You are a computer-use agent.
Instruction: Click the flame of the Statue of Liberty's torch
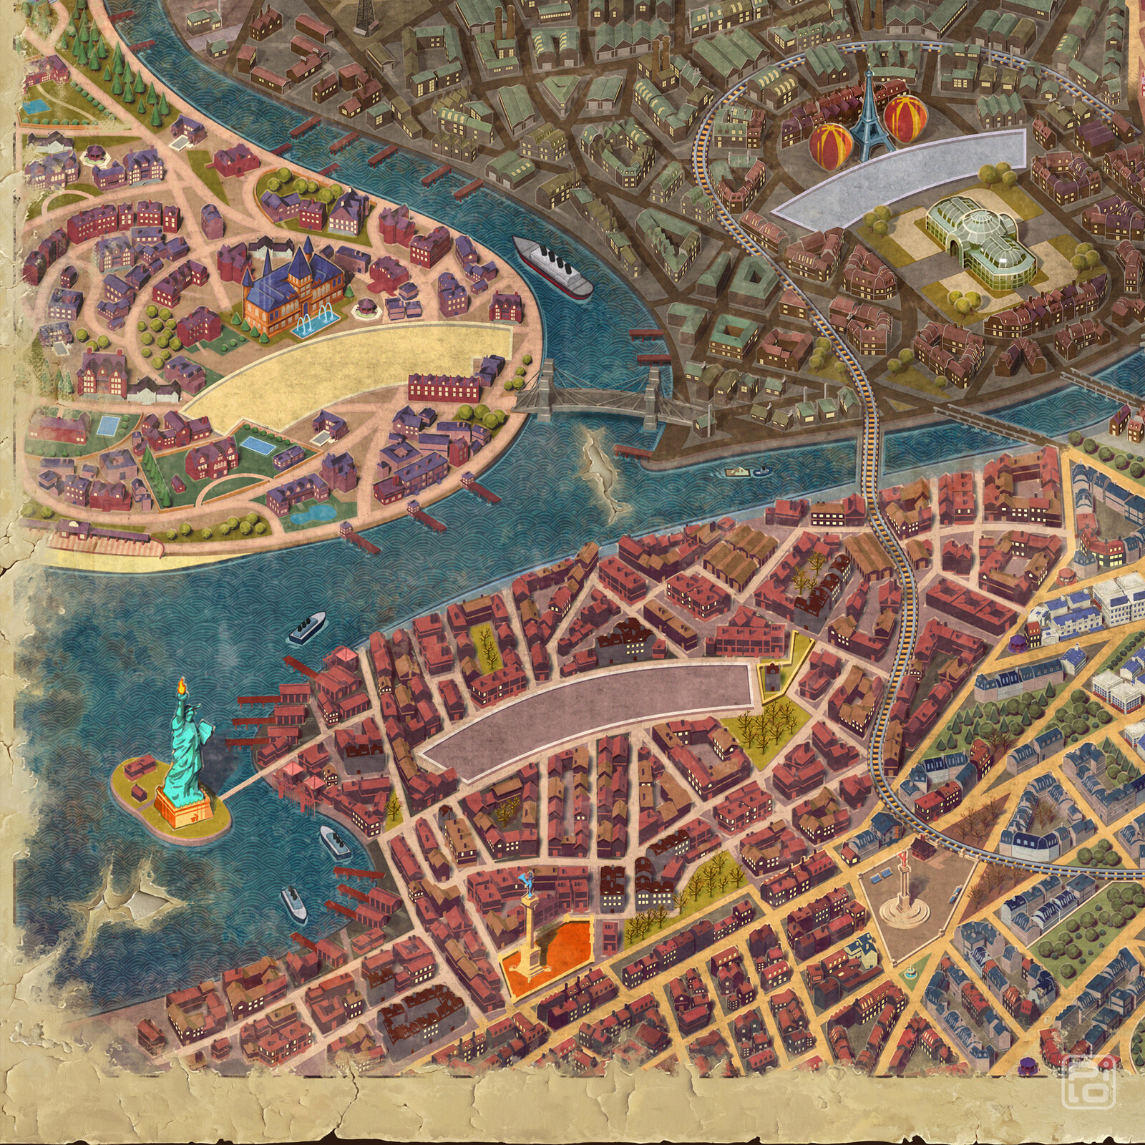click(180, 687)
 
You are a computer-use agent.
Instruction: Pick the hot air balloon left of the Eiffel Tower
click(829, 144)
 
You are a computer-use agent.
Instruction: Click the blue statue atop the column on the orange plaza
click(529, 878)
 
